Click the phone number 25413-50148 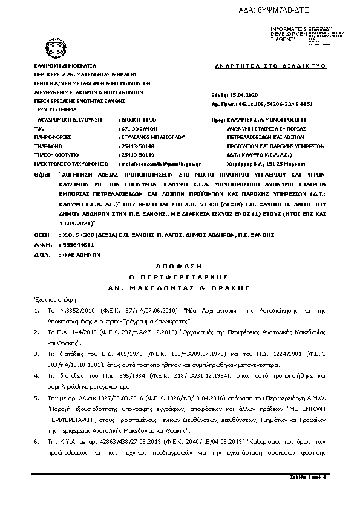pyautogui.click(x=137, y=146)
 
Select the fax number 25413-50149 pyautogui.click(x=137, y=154)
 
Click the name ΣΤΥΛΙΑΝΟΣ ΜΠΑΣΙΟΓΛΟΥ pyautogui.click(x=145, y=137)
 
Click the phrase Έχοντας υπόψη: pyautogui.click(x=51, y=299)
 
